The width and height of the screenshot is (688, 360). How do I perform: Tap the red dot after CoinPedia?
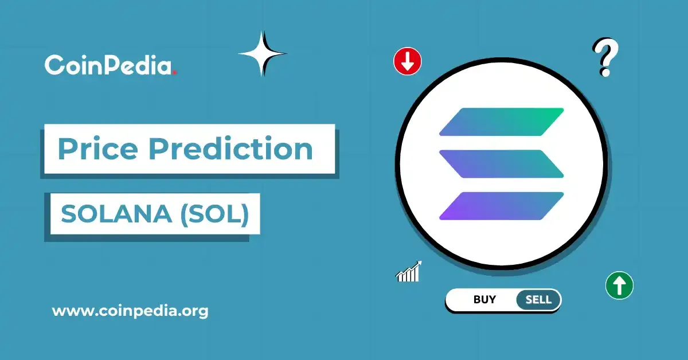pos(175,72)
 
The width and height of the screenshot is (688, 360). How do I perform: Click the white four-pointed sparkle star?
pos(263,54)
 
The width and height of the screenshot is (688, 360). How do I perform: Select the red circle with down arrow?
pos(408,61)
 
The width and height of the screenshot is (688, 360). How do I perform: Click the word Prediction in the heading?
pos(230,149)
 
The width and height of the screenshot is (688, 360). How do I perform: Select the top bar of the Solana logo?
pos(502,122)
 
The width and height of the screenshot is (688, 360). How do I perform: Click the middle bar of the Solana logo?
pos(502,163)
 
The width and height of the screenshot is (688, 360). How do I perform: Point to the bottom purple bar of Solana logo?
pos(502,206)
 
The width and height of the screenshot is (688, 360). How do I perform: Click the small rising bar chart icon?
pos(409,272)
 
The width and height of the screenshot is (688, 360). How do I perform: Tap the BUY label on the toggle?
pos(484,299)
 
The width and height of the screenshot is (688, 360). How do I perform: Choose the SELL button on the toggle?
pos(538,299)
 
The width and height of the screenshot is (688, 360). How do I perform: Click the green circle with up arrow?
pos(619,285)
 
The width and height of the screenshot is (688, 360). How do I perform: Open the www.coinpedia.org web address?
pos(130,311)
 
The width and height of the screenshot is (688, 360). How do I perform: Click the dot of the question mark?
pos(604,73)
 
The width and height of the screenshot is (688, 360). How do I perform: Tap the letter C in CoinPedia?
pos(54,65)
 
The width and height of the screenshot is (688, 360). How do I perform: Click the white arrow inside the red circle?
pos(408,61)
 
